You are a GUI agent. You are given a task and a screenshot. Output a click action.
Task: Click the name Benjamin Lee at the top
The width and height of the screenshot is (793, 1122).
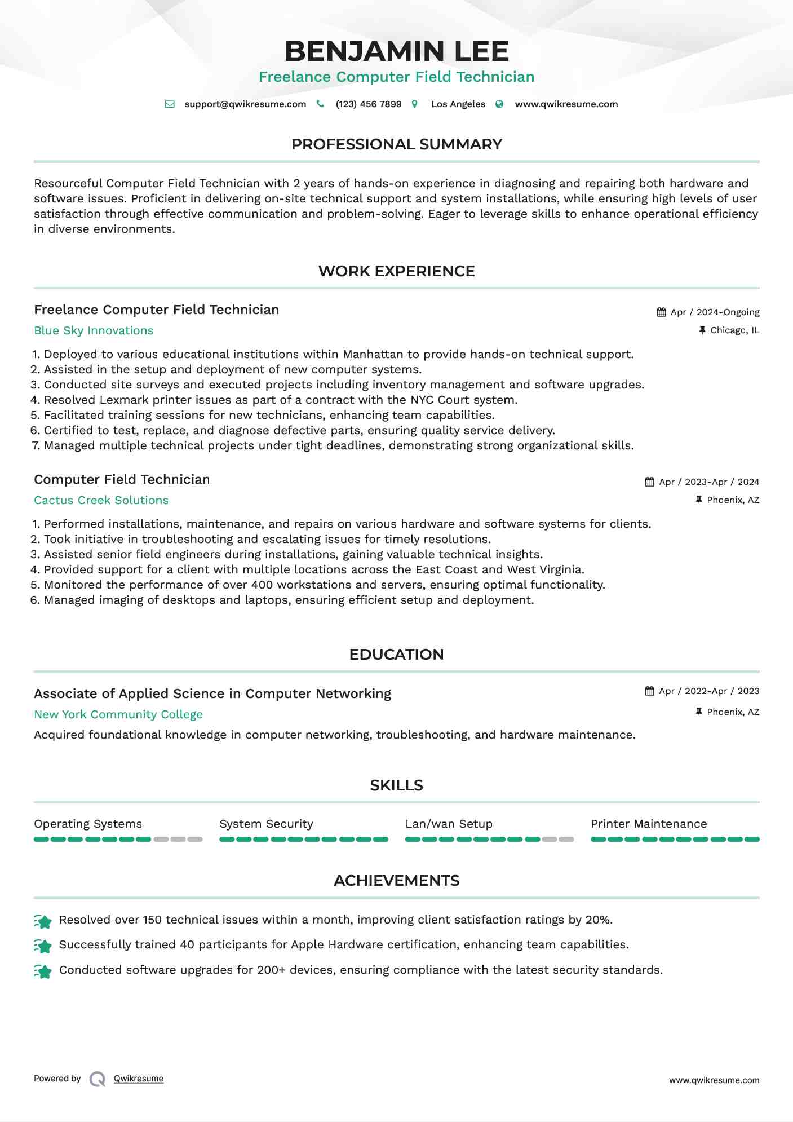pos(396,51)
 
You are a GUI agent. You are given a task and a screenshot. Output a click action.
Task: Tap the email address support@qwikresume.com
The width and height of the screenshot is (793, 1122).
pos(245,104)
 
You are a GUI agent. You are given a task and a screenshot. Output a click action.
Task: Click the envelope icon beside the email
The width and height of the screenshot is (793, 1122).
pos(170,104)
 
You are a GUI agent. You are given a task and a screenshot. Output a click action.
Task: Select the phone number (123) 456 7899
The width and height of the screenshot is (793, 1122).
pos(369,104)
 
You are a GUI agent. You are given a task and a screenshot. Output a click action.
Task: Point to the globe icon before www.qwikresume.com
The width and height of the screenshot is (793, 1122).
pos(499,104)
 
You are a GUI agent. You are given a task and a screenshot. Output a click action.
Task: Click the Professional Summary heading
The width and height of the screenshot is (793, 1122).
pos(396,144)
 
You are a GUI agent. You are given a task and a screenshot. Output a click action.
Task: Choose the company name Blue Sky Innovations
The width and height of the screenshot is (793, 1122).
pos(94,331)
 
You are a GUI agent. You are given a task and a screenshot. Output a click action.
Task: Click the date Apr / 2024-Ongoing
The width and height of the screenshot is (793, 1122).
pos(715,312)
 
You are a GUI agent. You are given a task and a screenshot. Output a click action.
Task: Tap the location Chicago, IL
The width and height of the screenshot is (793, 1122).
pos(734,330)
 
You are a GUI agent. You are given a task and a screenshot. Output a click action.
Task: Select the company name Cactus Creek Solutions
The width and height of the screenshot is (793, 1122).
pos(101,501)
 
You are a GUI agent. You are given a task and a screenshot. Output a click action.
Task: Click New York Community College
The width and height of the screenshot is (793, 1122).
pos(118,715)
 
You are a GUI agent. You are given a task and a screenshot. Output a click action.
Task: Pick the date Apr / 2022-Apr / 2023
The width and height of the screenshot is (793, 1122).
pos(709,691)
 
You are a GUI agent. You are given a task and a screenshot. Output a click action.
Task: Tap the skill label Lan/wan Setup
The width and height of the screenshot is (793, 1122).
pos(449,824)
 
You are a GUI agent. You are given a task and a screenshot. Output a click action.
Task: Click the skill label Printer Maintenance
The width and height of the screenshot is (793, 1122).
pos(649,824)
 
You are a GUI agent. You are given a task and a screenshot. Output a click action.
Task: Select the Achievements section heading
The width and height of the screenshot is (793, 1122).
pos(396,881)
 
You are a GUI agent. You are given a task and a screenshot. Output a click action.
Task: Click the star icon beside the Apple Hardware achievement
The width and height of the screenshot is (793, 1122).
pos(43,946)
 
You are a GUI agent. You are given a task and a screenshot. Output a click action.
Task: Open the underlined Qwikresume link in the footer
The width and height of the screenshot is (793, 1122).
pos(139,1079)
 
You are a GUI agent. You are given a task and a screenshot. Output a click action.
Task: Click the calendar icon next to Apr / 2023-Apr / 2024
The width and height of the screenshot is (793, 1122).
pos(650,482)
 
